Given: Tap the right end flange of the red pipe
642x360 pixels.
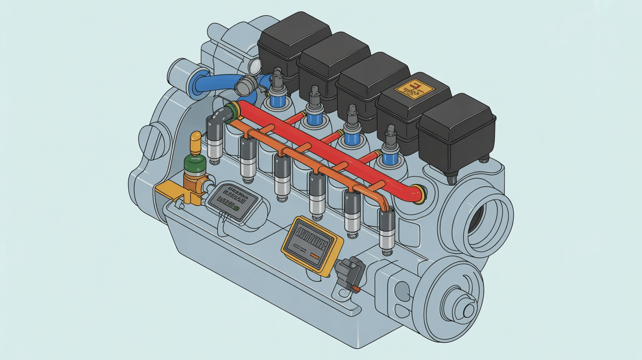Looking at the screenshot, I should pyautogui.click(x=419, y=194).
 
